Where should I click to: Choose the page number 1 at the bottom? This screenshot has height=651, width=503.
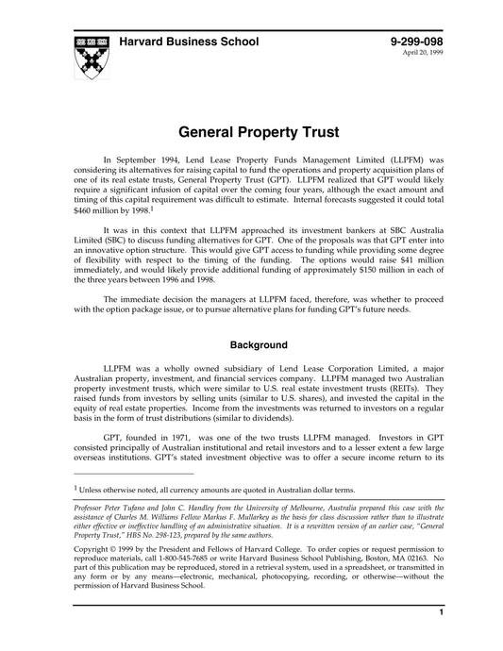pos(441,640)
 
